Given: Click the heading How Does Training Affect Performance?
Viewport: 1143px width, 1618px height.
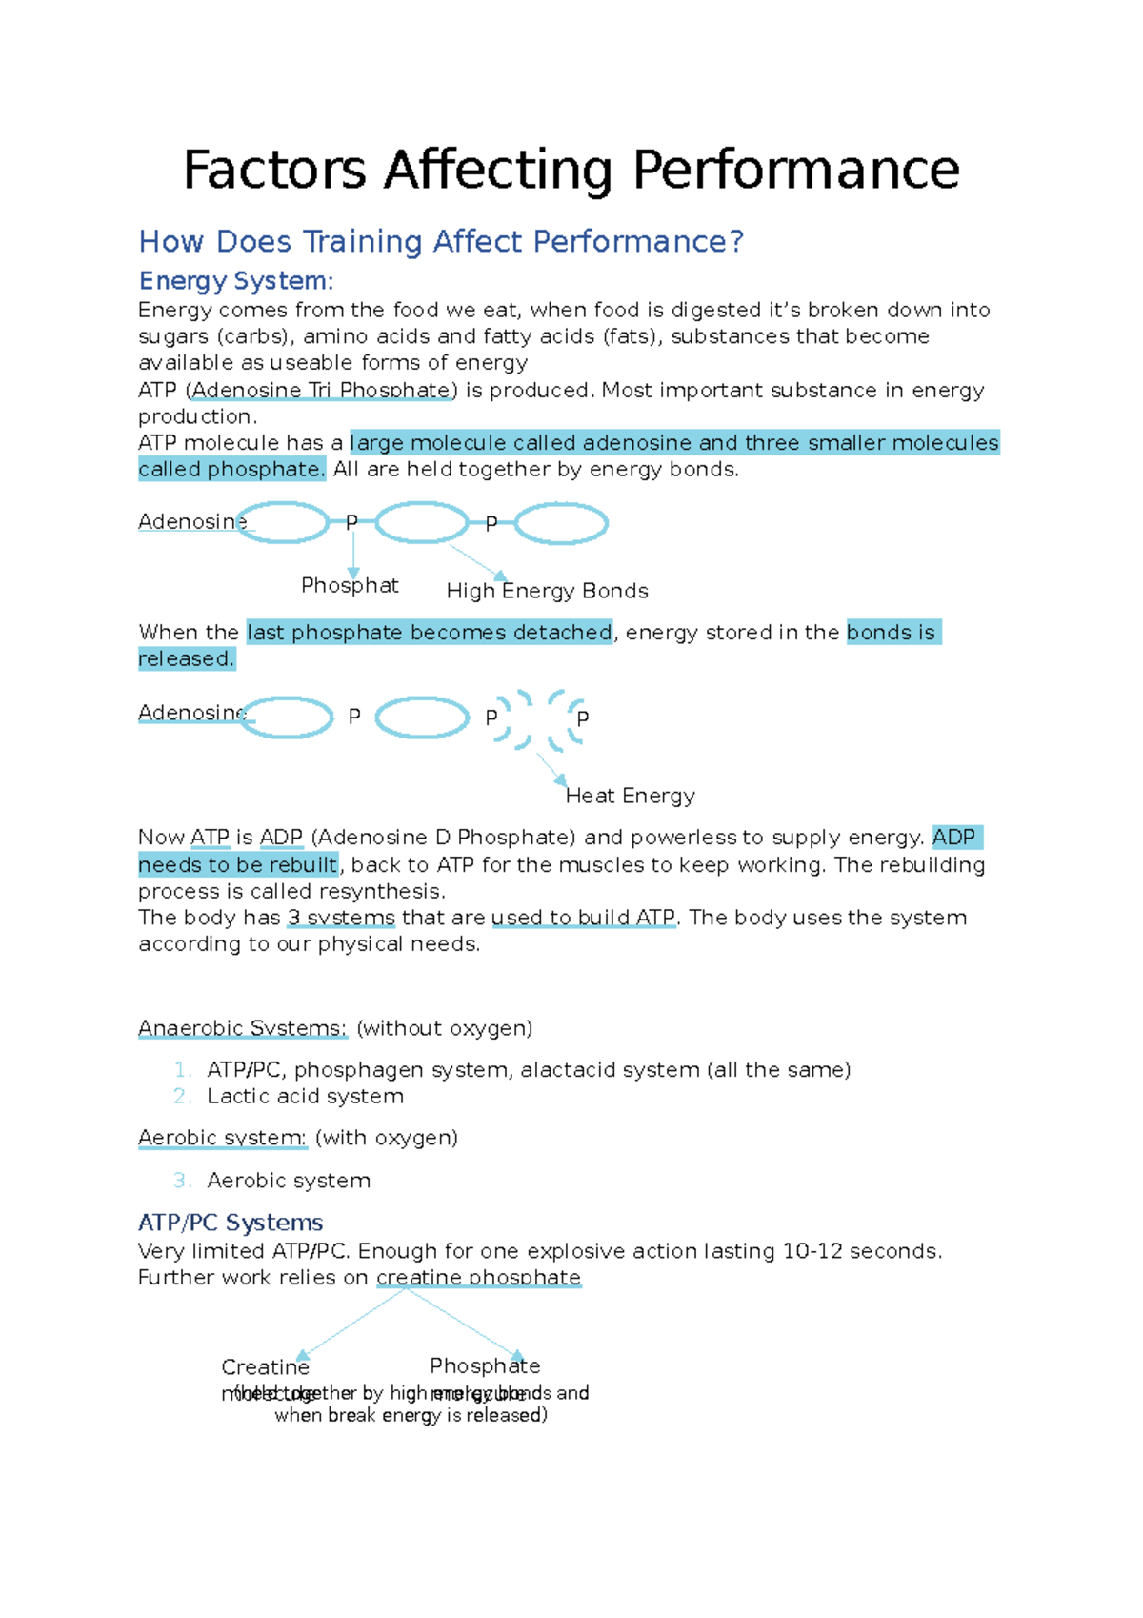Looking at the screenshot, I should (440, 242).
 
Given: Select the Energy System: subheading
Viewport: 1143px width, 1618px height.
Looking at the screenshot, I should (236, 281).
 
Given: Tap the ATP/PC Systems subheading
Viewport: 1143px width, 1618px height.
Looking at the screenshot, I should (231, 1223).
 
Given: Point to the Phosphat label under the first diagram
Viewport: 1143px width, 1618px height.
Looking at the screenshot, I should (350, 585).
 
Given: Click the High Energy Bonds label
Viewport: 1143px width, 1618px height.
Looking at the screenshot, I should (547, 591).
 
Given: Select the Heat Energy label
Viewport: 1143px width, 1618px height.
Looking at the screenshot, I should (630, 796).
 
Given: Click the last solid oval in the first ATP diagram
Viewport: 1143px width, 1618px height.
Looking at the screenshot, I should (561, 523).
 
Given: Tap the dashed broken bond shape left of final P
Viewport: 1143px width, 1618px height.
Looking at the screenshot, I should (514, 719).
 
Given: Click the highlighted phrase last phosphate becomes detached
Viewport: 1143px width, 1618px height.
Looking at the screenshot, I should (429, 633).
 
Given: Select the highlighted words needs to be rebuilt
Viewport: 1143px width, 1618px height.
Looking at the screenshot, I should (238, 865).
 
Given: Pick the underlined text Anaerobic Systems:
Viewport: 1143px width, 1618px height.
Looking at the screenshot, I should (242, 1028).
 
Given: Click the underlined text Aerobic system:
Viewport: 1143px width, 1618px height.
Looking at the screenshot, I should (222, 1138).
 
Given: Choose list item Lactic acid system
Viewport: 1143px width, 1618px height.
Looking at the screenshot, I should (305, 1097).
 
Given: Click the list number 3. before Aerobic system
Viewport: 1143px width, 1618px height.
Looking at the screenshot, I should (182, 1181).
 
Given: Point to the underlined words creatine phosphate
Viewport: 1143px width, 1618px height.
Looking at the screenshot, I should (478, 1277).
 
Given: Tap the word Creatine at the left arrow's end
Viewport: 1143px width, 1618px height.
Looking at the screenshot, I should (265, 1367).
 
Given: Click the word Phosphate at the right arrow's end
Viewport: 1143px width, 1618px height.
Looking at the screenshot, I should (485, 1365).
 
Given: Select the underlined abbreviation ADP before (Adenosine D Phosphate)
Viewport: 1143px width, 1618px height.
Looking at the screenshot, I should (281, 838).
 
